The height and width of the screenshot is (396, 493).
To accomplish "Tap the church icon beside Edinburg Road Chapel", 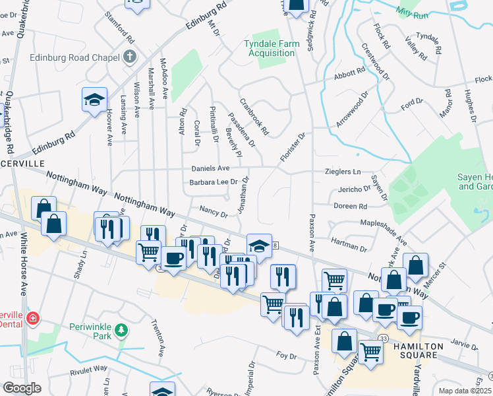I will (x=129, y=57).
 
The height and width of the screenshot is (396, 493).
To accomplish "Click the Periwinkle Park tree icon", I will (x=121, y=330).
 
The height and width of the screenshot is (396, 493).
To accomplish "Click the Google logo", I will (x=22, y=387).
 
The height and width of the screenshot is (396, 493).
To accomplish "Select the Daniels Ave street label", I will (x=210, y=169).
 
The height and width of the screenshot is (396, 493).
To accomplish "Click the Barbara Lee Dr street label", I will (x=213, y=182).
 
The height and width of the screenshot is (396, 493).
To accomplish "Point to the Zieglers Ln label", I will (x=343, y=172).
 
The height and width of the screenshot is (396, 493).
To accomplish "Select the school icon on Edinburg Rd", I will (x=94, y=100).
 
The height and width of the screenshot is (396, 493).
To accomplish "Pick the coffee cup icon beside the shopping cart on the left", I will (x=173, y=258).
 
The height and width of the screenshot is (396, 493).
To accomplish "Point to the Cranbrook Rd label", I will (x=254, y=117).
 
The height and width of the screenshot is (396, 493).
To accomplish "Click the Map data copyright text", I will (x=465, y=391).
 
